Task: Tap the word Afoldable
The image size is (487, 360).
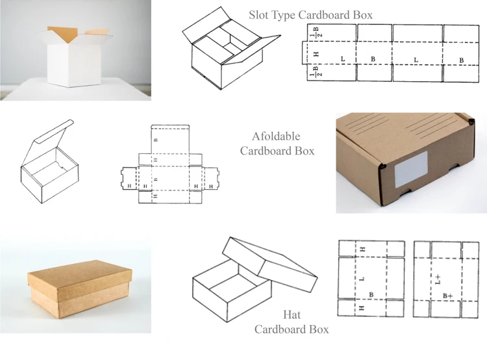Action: [276, 136]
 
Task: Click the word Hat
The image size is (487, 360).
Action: [292, 315]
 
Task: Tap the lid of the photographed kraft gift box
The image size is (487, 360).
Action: [71, 277]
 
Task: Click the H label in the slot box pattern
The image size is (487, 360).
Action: [316, 53]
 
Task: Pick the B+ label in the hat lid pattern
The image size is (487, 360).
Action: [448, 296]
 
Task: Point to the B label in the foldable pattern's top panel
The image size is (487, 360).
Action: [155, 140]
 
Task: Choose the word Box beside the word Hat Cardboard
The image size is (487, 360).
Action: [318, 329]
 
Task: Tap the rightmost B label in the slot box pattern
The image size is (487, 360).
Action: [461, 60]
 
